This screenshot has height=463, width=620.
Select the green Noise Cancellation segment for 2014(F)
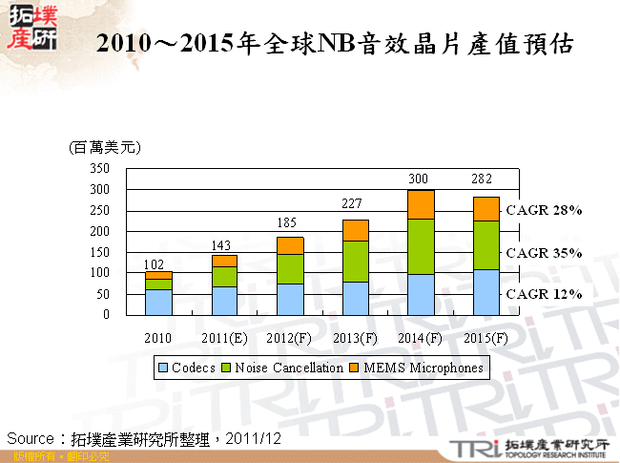pyautogui.click(x=421, y=246)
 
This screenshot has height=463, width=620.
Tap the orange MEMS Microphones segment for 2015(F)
pyautogui.click(x=486, y=208)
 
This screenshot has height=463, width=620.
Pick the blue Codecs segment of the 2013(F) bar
pyautogui.click(x=355, y=298)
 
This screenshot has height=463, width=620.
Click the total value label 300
pyautogui.click(x=421, y=179)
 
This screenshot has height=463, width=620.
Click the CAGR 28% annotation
pyautogui.click(x=544, y=210)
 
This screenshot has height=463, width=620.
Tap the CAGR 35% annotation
pyautogui.click(x=544, y=253)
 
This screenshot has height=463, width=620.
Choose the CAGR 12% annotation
pyautogui.click(x=544, y=294)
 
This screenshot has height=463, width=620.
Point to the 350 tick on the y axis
pyautogui.click(x=99, y=168)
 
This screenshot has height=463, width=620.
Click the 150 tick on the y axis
pyautogui.click(x=99, y=252)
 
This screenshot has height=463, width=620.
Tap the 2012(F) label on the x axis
pyautogui.click(x=290, y=338)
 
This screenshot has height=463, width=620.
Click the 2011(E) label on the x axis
pyautogui.click(x=225, y=338)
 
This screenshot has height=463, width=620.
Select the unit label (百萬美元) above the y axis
pyautogui.click(x=105, y=147)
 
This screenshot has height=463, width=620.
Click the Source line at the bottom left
pyautogui.click(x=143, y=438)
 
